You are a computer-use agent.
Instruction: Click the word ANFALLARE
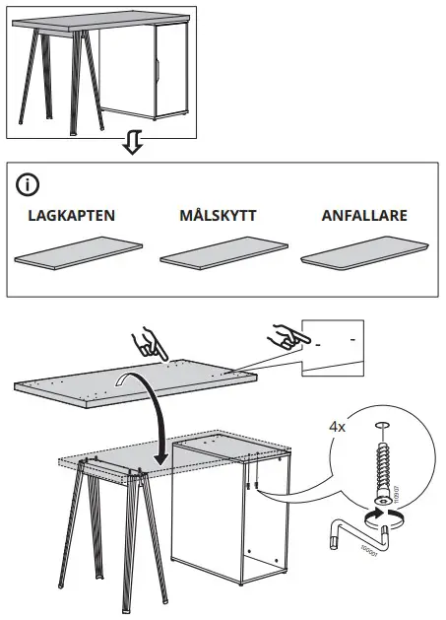click(364, 215)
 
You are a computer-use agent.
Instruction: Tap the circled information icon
click(31, 184)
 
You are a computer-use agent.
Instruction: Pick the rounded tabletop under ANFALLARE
click(366, 254)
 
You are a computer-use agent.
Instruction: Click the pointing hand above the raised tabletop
click(152, 343)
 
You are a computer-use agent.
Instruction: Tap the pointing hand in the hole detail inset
click(286, 338)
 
